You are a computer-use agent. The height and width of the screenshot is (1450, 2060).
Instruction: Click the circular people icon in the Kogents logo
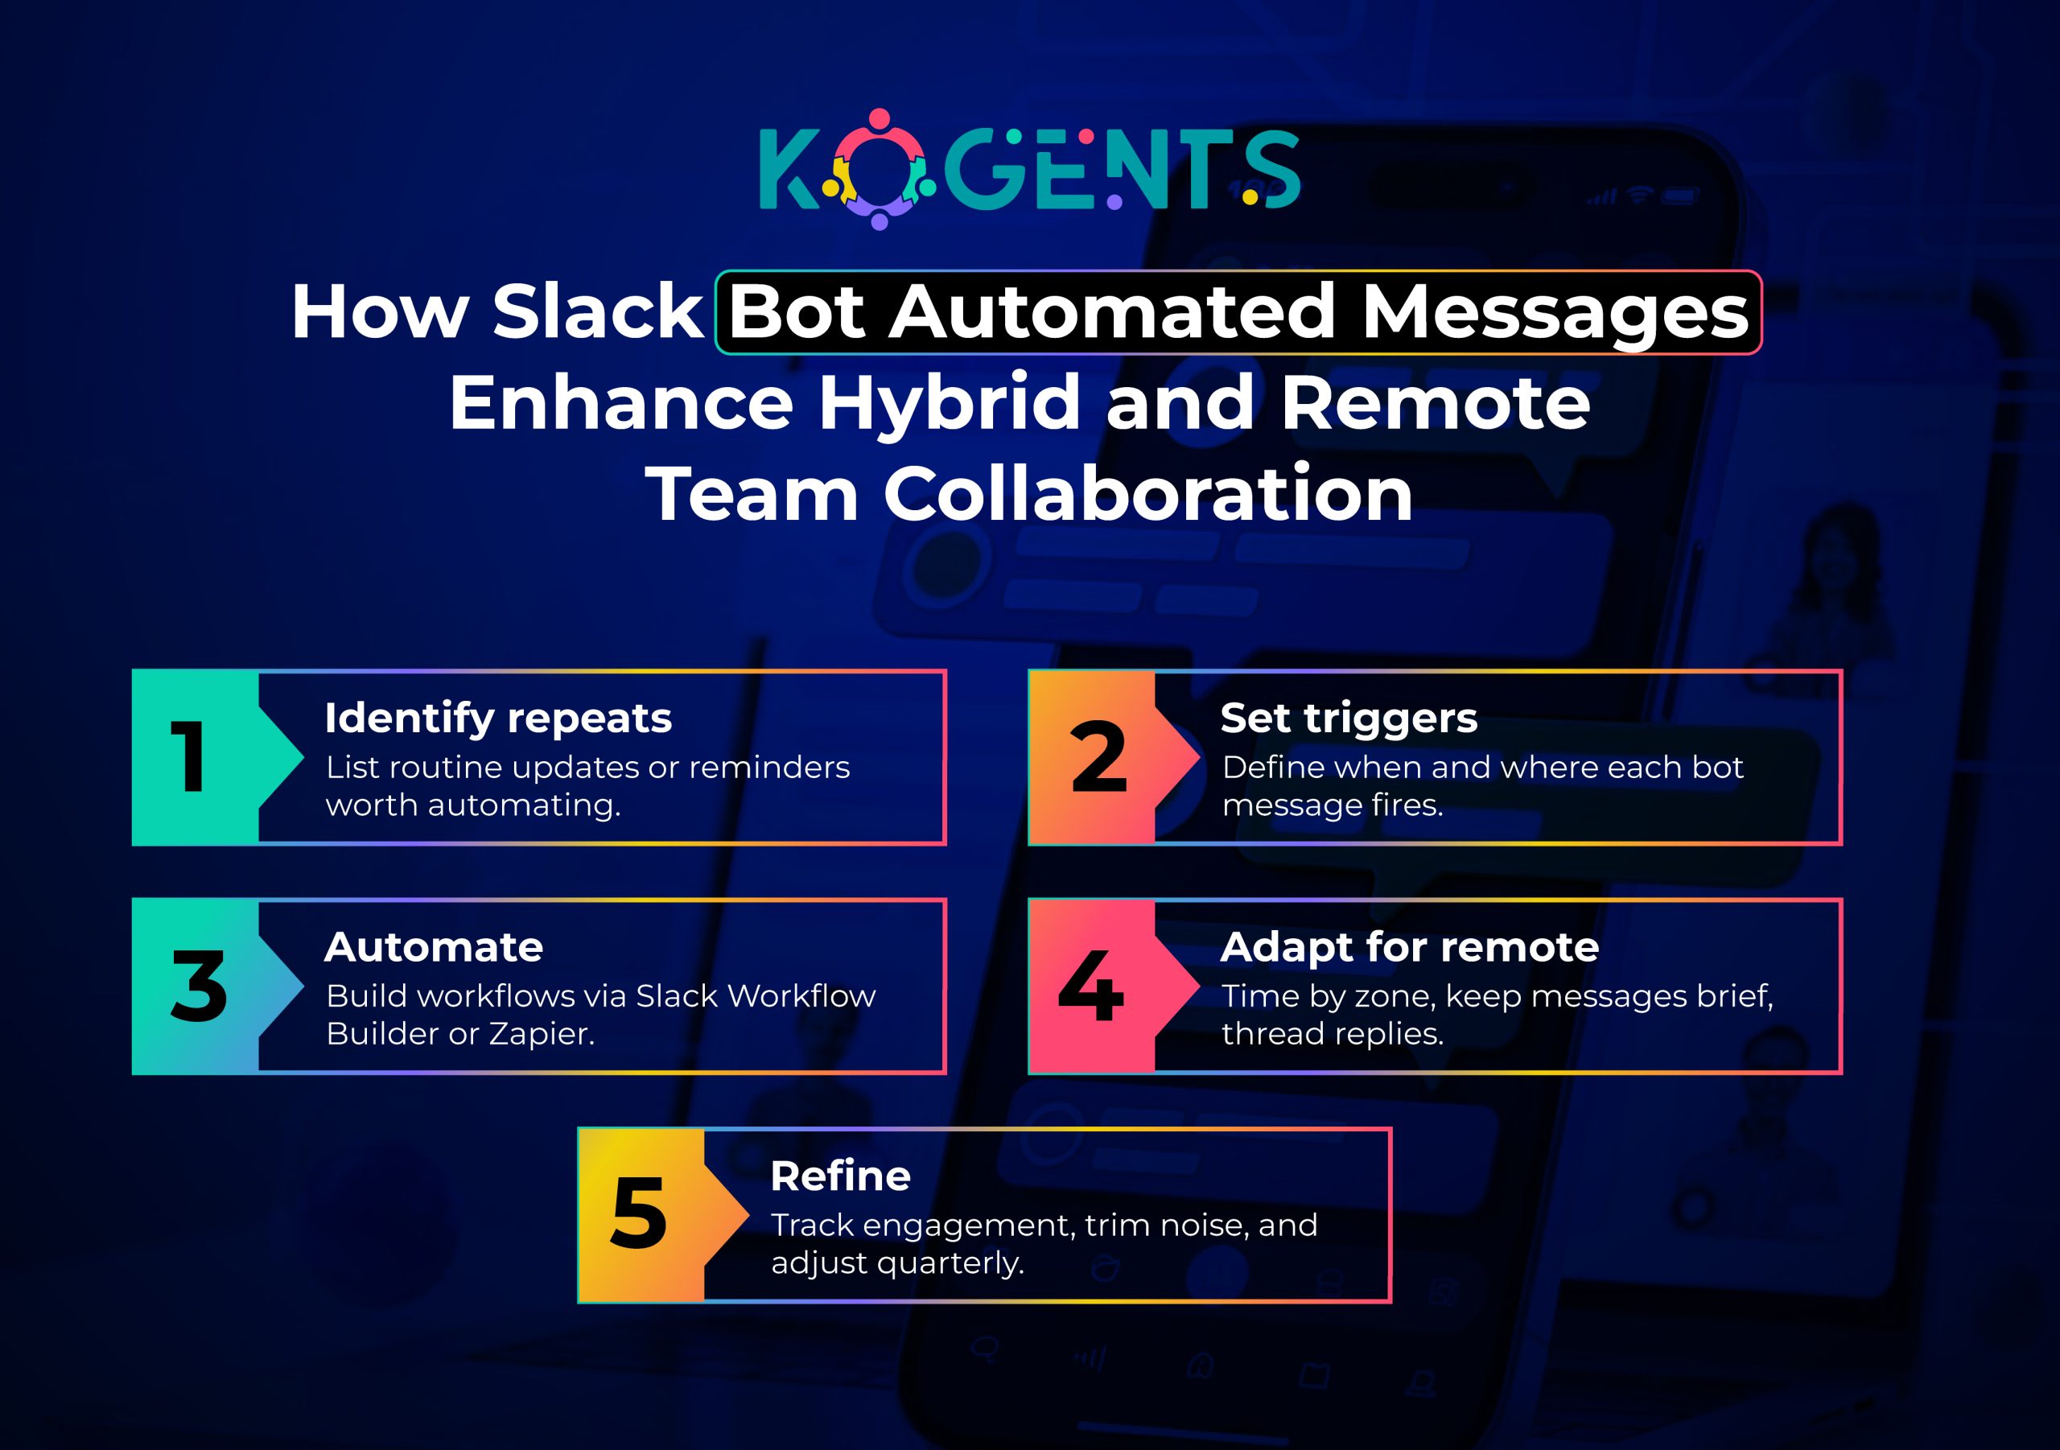(879, 169)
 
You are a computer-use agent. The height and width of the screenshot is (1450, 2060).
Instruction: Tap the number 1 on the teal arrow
(189, 757)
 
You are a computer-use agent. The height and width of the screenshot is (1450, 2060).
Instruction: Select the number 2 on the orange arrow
(1098, 757)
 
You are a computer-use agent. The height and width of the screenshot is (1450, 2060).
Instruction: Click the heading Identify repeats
(498, 718)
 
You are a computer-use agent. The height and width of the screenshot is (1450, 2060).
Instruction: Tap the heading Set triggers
(1349, 718)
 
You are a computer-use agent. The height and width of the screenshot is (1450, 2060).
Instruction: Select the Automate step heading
(434, 946)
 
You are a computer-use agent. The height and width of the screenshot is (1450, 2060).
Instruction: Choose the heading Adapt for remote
(1410, 946)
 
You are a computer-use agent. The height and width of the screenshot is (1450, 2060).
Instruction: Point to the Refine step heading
(840, 1176)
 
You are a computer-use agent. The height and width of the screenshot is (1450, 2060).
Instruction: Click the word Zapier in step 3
(540, 1034)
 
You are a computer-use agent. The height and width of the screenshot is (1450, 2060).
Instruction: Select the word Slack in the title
(596, 311)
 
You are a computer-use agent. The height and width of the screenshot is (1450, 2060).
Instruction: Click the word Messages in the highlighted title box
(1555, 313)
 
